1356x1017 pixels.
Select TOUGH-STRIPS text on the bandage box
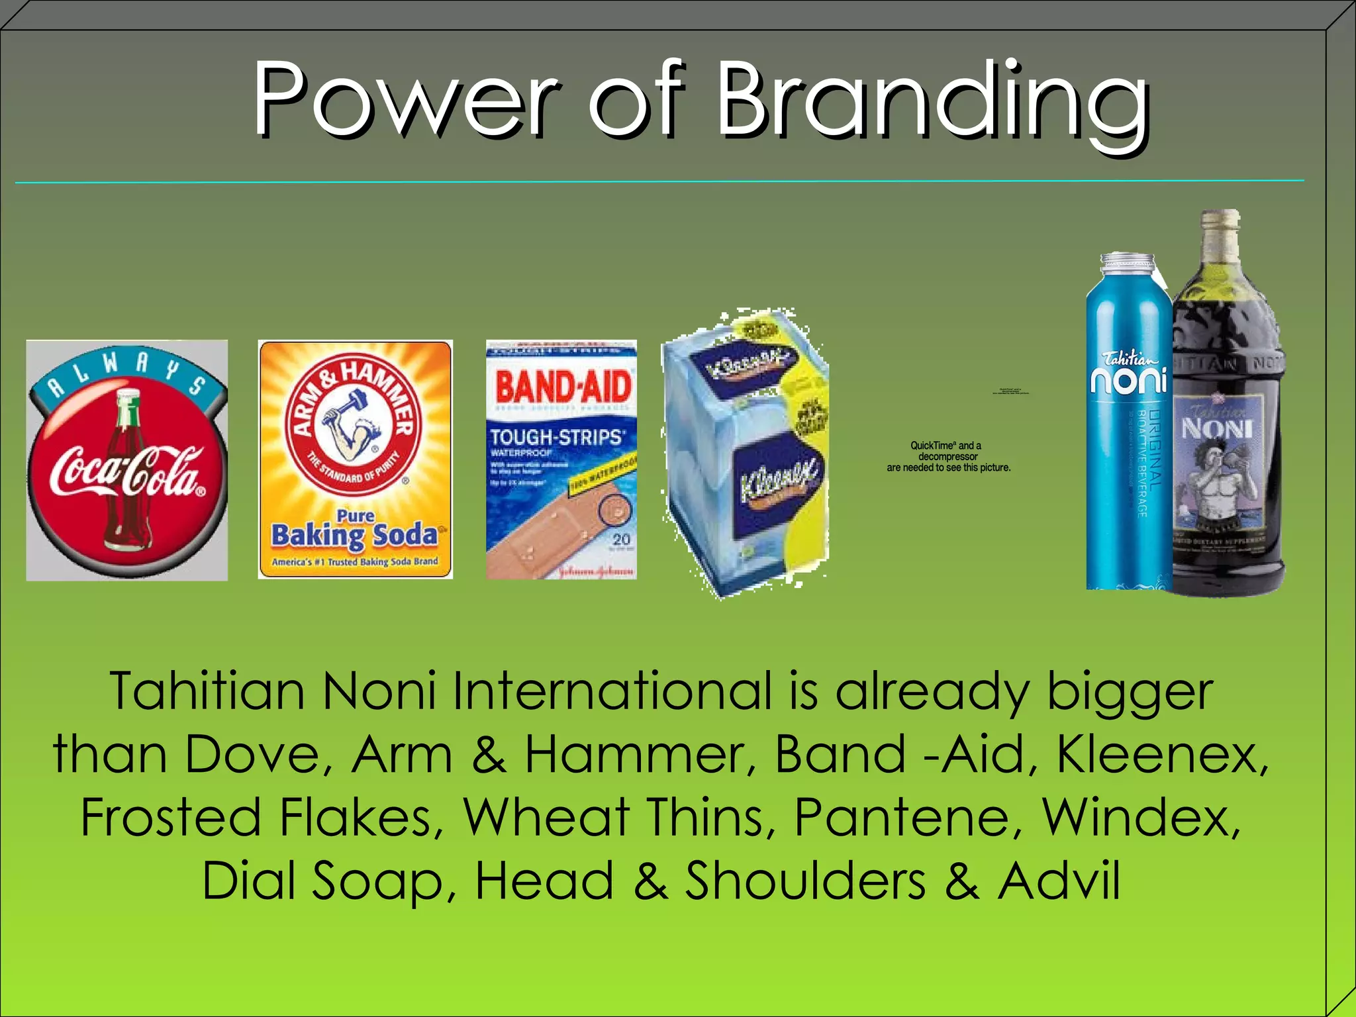click(x=556, y=437)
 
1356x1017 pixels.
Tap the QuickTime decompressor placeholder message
click(x=948, y=456)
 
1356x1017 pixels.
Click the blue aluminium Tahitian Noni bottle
click(x=1128, y=424)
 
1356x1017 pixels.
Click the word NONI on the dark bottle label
click(x=1217, y=429)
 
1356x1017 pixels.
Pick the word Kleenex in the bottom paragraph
click(x=1162, y=755)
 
